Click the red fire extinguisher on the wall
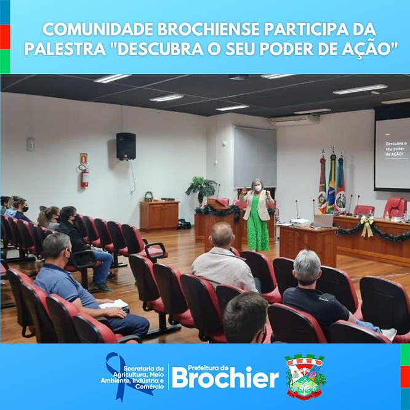pyautogui.click(x=85, y=177)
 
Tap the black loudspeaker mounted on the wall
pyautogui.click(x=126, y=147)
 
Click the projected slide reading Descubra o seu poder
pyautogui.click(x=392, y=153)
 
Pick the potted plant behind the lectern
pyautogui.click(x=201, y=188)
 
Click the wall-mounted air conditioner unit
pyautogui.click(x=294, y=121)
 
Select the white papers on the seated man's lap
pyautogui.click(x=113, y=304)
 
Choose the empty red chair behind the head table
pyautogui.click(x=394, y=207)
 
